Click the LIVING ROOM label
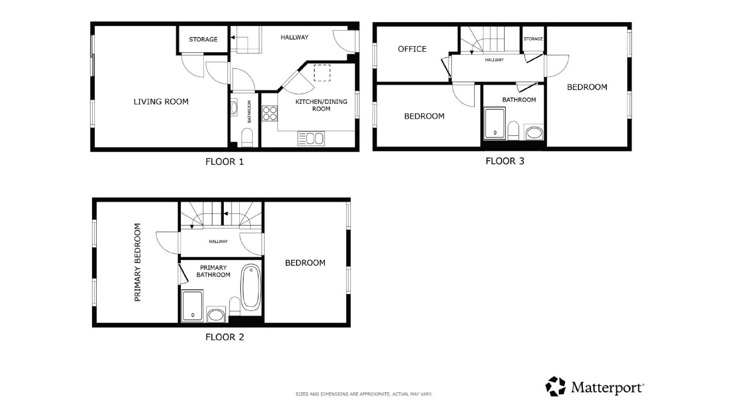click(x=161, y=102)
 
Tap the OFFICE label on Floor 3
click(x=412, y=49)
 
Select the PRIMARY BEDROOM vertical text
click(x=137, y=262)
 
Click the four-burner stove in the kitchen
click(x=270, y=113)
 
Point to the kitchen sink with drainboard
click(x=311, y=139)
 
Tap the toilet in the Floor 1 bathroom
click(x=247, y=138)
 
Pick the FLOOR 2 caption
click(x=225, y=337)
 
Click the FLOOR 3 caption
click(x=505, y=161)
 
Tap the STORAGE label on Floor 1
click(x=203, y=39)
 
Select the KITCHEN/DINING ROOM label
click(x=321, y=105)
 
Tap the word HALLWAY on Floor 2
click(x=218, y=242)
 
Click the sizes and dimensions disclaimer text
click(x=364, y=394)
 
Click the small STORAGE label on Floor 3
click(x=533, y=39)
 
